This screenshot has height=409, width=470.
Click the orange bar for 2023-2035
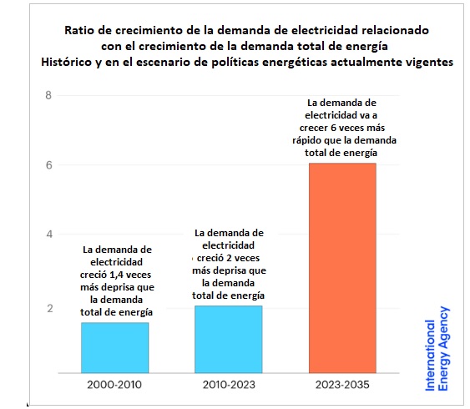pyautogui.click(x=342, y=268)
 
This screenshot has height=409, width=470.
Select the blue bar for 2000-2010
pyautogui.click(x=115, y=348)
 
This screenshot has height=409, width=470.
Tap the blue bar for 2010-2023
pyautogui.click(x=229, y=340)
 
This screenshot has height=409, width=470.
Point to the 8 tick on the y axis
pyautogui.click(x=48, y=95)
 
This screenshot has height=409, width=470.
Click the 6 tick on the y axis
pyautogui.click(x=49, y=165)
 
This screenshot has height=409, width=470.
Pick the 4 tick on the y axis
pyautogui.click(x=49, y=234)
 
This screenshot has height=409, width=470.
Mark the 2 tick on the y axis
pyautogui.click(x=50, y=308)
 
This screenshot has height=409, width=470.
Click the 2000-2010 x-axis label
pyautogui.click(x=114, y=385)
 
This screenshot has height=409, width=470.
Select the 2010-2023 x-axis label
pyautogui.click(x=229, y=385)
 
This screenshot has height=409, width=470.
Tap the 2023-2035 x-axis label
pyautogui.click(x=342, y=385)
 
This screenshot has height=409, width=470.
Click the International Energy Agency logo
pyautogui.click(x=437, y=349)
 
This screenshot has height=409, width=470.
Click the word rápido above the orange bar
pyautogui.click(x=306, y=140)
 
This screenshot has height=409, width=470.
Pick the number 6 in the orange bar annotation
pyautogui.click(x=333, y=128)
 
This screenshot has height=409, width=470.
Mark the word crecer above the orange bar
pyautogui.click(x=314, y=128)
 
